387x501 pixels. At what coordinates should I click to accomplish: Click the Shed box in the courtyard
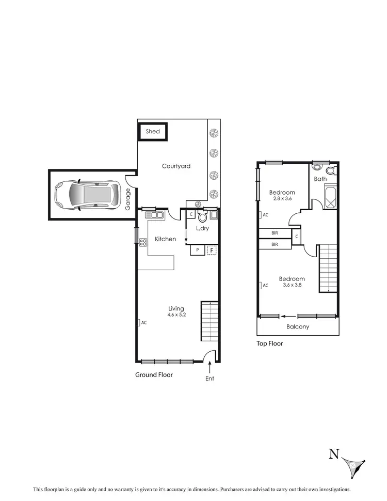pyautogui.click(x=152, y=131)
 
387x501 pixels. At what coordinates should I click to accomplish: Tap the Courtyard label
pyautogui.click(x=176, y=166)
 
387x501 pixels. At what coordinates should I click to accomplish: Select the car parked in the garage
pyautogui.click(x=87, y=195)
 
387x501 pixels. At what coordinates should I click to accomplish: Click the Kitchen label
pyautogui.click(x=166, y=239)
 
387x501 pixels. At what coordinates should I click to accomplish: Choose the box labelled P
pyautogui.click(x=197, y=250)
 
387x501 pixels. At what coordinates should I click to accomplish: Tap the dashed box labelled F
pyautogui.click(x=211, y=250)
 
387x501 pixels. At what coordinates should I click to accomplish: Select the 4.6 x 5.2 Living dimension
pyautogui.click(x=176, y=315)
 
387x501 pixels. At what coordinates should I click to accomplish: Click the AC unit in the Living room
pyautogui.click(x=139, y=322)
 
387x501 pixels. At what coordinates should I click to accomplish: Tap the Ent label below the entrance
pyautogui.click(x=209, y=379)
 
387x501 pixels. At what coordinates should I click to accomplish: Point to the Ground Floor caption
pyautogui.click(x=154, y=374)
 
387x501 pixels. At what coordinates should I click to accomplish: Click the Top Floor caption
pyautogui.click(x=269, y=343)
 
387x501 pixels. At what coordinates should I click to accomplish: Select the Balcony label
pyautogui.click(x=298, y=326)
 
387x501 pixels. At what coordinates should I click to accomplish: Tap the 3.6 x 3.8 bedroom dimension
pyautogui.click(x=292, y=285)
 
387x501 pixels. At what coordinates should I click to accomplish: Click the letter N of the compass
pyautogui.click(x=334, y=454)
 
